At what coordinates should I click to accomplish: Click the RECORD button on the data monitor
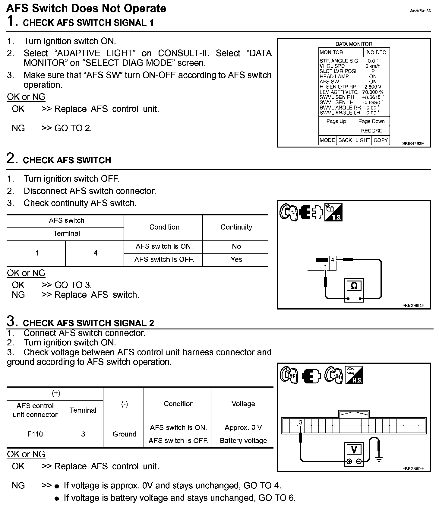[x=371, y=131]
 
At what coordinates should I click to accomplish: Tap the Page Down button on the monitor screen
[x=371, y=121]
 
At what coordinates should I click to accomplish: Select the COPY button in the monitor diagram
[x=381, y=140]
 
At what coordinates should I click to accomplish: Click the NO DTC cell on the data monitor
[x=376, y=52]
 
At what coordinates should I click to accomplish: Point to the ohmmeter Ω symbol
[x=354, y=285]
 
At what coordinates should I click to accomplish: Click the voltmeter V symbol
[x=354, y=450]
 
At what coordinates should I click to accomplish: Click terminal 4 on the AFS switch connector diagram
[x=333, y=260]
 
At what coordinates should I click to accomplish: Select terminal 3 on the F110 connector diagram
[x=300, y=422]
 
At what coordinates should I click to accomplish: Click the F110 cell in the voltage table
[x=35, y=434]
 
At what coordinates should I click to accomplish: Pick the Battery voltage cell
[x=243, y=441]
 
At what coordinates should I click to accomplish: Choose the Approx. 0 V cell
[x=243, y=427]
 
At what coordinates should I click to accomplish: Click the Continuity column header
[x=236, y=227]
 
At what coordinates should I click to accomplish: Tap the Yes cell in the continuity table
[x=236, y=259]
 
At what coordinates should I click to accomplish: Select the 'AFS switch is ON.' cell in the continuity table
[x=164, y=246]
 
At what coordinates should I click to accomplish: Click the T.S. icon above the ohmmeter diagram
[x=333, y=213]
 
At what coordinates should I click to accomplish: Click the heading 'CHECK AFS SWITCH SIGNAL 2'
[x=88, y=323]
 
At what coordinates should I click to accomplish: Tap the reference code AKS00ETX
[x=420, y=11]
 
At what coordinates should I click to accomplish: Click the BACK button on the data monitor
[x=345, y=140]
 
